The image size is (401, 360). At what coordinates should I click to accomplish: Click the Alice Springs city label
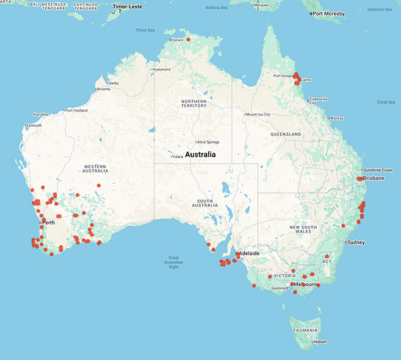click(x=212, y=142)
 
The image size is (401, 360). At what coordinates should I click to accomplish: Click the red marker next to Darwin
click(x=188, y=39)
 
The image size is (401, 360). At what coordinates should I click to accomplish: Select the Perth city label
click(x=48, y=222)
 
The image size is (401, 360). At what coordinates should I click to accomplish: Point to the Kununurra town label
click(x=162, y=69)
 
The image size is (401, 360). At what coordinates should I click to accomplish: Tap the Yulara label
click(x=177, y=156)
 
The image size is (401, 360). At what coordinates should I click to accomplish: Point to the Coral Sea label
click(x=386, y=102)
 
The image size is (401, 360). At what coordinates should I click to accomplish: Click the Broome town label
click(x=104, y=89)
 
